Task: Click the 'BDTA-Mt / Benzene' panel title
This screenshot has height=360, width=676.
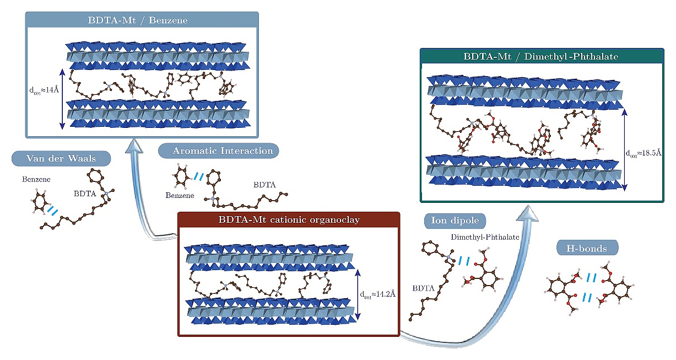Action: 140,21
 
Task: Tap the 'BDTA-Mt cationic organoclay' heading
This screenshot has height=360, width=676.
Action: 288,219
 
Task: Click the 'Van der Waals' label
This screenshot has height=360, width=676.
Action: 61,159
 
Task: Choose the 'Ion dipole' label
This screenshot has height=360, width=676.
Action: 450,221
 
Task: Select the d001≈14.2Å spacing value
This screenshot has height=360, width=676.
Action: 378,294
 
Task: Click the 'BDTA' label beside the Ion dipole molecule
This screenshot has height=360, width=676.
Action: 423,288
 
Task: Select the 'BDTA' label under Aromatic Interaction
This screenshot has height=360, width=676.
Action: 262,183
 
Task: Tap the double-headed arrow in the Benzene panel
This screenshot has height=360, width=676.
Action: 62,99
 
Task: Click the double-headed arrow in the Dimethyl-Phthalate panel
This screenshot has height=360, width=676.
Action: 624,149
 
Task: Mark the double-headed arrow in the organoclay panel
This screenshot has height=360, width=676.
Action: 359,294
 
